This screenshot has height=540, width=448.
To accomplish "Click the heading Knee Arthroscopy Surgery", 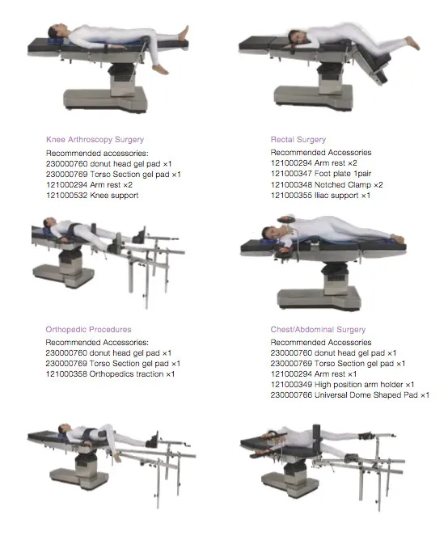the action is pos(95,140).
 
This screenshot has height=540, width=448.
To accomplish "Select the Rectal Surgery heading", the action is pos(298,140).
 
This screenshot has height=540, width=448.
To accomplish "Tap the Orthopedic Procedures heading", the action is pos(88,329).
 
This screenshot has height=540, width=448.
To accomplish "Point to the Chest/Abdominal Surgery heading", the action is pos(318,329).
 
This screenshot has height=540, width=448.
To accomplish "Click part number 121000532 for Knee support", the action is pos(66,196).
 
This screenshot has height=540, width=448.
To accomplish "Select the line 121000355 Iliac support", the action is pos(320,196).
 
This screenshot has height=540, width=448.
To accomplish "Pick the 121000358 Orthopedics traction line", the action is pos(110,373).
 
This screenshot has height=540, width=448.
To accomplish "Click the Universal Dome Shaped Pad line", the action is pos(350,395).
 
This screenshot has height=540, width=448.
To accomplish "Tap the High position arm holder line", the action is pos(342,384).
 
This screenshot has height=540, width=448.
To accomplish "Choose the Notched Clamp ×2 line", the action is pos(327,184).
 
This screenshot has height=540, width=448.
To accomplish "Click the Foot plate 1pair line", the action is pos(321,174).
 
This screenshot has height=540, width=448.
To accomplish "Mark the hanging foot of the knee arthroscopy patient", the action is pos(161,70).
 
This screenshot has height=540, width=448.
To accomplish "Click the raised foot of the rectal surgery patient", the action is pos(412,43).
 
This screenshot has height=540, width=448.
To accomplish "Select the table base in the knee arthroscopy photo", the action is pos(105,100).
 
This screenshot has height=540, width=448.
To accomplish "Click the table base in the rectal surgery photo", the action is pos(313,98).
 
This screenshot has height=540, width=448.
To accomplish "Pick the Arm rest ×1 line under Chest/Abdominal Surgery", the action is pos(314,373).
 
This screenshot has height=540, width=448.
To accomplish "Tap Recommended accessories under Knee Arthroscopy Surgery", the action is pos(97,153).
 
